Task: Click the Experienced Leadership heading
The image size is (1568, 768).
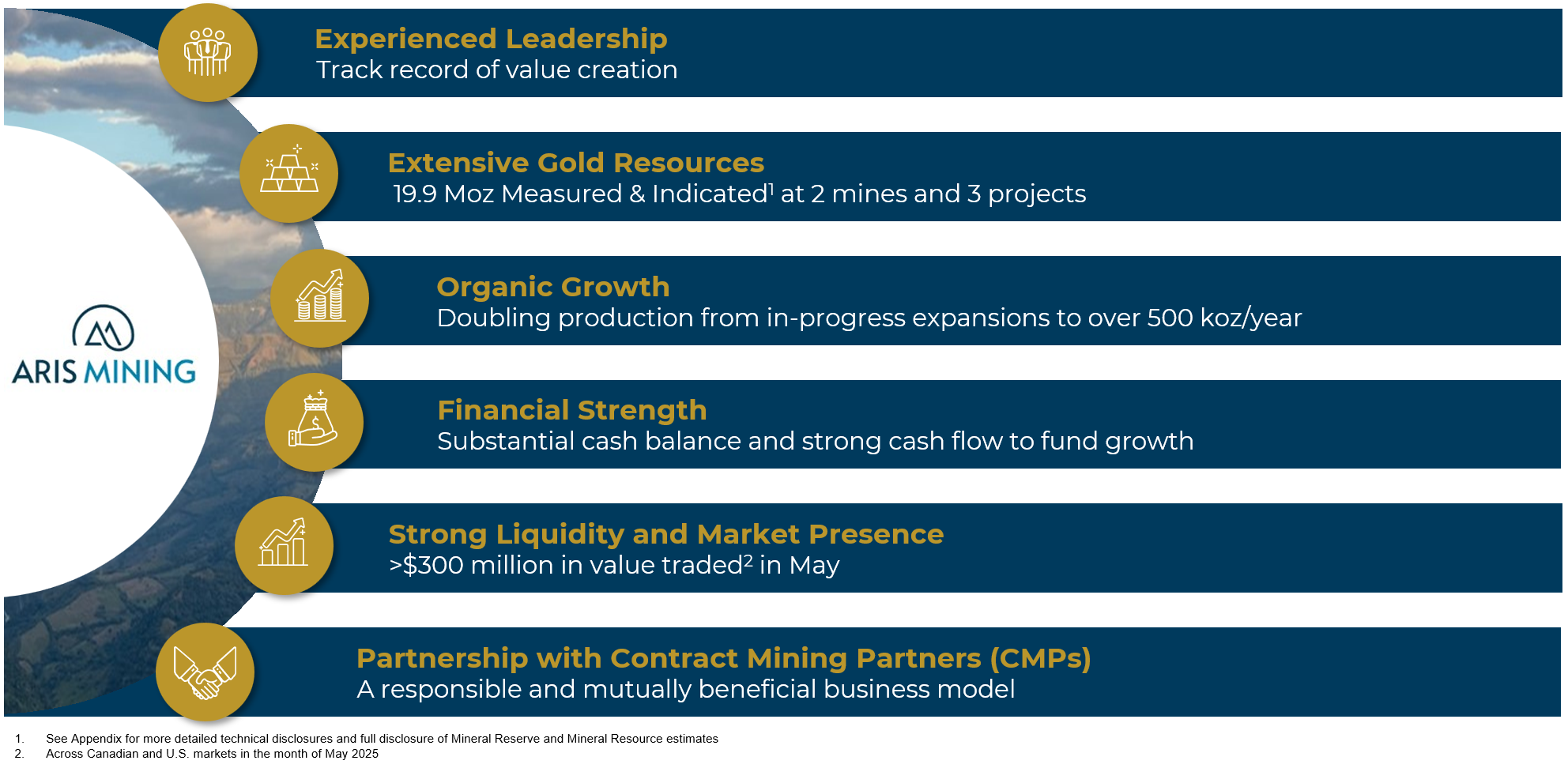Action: tap(491, 39)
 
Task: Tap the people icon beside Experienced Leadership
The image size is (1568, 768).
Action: tap(207, 52)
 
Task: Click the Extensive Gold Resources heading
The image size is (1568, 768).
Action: tap(575, 163)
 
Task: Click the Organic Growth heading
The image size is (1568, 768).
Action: tap(552, 287)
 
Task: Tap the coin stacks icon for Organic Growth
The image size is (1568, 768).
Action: tap(320, 298)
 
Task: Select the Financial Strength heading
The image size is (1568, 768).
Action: tap(571, 410)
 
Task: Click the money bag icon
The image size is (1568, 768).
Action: tap(314, 422)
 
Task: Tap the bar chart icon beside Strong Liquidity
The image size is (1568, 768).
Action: tap(284, 545)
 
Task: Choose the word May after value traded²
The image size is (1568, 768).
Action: tap(814, 566)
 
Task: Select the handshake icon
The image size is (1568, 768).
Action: tap(205, 672)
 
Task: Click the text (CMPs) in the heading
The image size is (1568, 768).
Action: tap(1040, 658)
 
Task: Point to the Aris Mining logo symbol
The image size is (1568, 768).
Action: tap(104, 328)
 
